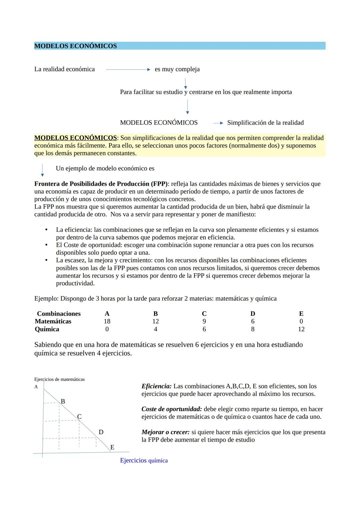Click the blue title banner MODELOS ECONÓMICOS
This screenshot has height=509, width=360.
click(x=179, y=46)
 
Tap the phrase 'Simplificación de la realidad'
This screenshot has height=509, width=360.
click(x=265, y=123)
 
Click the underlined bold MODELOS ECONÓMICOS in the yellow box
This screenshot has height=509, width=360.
click(x=75, y=138)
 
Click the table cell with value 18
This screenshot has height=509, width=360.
click(x=107, y=321)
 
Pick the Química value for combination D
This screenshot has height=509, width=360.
click(x=253, y=329)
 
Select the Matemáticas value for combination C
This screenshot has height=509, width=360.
click(x=204, y=321)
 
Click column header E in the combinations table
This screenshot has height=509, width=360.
click(x=301, y=314)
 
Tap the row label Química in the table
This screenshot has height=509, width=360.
click(x=47, y=329)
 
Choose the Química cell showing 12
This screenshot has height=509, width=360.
click(x=301, y=329)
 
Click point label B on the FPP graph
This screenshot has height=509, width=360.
click(x=63, y=401)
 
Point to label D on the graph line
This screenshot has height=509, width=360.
click(x=101, y=432)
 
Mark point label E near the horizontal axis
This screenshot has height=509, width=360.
click(x=112, y=447)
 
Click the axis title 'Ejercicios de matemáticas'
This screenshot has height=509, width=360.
click(x=59, y=379)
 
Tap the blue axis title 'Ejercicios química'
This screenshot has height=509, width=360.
click(x=144, y=461)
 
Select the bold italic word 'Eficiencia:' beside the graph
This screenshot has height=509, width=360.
click(x=156, y=386)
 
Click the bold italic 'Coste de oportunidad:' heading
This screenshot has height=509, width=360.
click(x=171, y=409)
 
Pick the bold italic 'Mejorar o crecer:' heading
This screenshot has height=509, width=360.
click(x=165, y=432)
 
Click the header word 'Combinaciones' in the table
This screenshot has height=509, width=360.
click(x=59, y=314)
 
